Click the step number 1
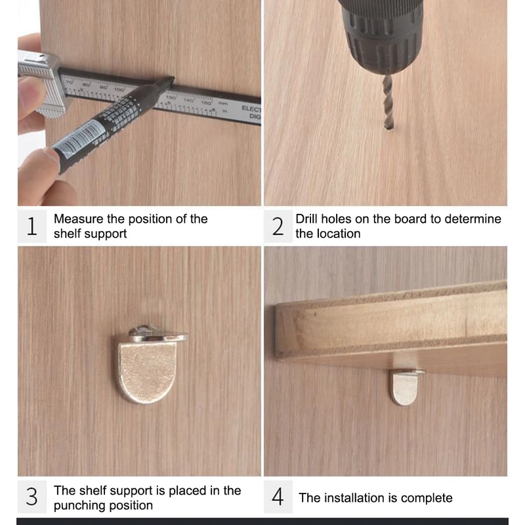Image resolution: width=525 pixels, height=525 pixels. (x=31, y=226)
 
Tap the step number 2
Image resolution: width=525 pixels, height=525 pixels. (x=278, y=226)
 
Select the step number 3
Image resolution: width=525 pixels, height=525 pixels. (x=31, y=497)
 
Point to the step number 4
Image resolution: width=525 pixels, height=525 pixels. (x=278, y=497)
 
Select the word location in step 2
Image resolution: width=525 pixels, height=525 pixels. (x=339, y=234)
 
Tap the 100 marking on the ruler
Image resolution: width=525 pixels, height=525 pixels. (x=119, y=88)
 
